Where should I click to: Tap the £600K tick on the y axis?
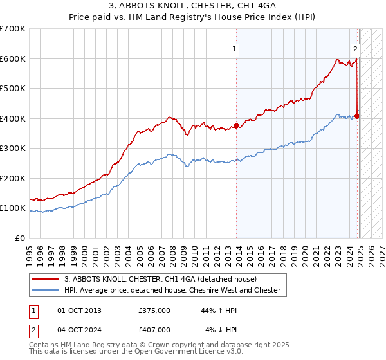tap(13, 59)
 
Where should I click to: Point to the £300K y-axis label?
tap(13, 148)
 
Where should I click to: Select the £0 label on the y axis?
tap(21, 239)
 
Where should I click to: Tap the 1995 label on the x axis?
tap(30, 251)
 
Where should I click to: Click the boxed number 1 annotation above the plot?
tap(234, 48)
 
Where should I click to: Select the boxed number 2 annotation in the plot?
tap(355, 48)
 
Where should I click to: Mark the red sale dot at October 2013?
tap(237, 126)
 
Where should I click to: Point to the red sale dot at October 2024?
tap(357, 116)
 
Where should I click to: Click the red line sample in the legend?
tap(46, 279)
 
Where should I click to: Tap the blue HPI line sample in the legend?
tap(46, 290)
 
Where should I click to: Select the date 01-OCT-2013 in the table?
tap(80, 310)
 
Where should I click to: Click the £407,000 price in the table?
tap(154, 329)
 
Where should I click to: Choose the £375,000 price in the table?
tap(154, 310)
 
